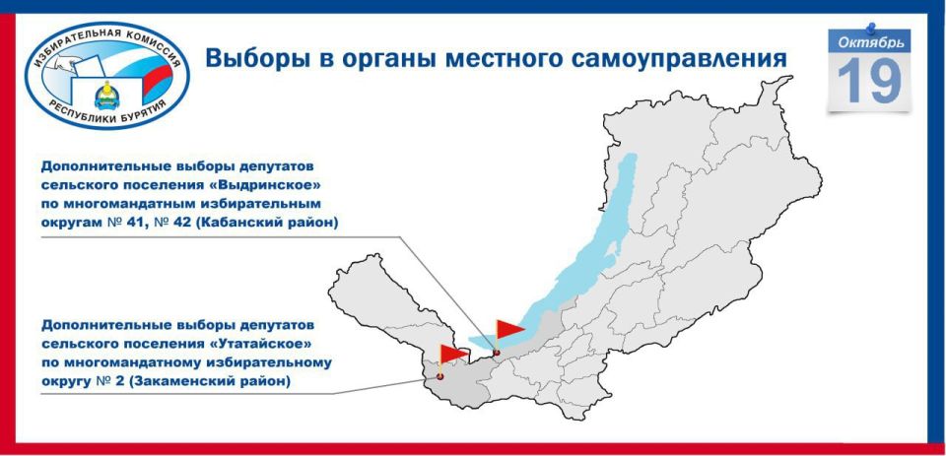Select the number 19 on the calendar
tap(869, 82)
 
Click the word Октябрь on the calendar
tap(869, 41)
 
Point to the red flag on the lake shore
tap(510, 329)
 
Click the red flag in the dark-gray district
tap(453, 353)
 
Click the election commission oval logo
tap(107, 75)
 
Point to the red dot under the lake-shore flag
tap(497, 353)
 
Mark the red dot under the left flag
tap(440, 376)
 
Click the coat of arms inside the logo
tap(106, 96)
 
